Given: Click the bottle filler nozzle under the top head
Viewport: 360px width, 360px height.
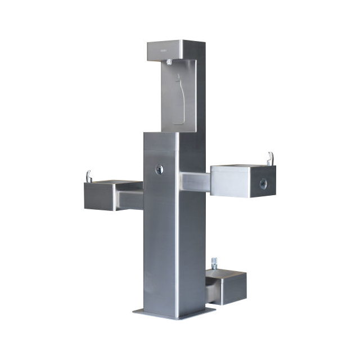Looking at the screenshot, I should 169,64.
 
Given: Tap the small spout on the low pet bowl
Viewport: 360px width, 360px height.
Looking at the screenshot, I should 214,263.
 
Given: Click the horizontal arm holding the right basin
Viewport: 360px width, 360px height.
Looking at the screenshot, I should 194,182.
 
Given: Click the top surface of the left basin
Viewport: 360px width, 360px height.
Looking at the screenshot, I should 112,183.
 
